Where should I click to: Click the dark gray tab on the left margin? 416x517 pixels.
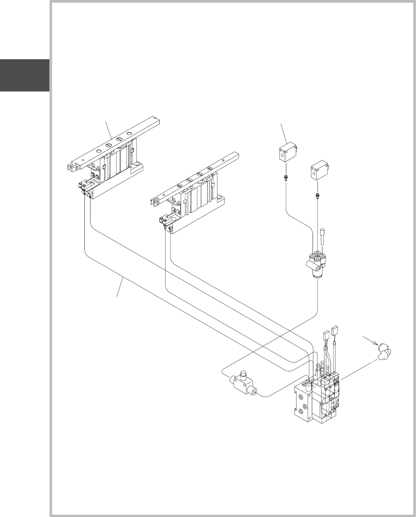25,75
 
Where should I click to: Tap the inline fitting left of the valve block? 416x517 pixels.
243,384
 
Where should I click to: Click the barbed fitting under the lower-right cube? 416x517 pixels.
317,196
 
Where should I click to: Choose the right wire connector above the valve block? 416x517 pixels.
335,330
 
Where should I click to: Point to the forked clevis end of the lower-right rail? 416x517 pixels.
156,204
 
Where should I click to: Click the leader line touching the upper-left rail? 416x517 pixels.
108,129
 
